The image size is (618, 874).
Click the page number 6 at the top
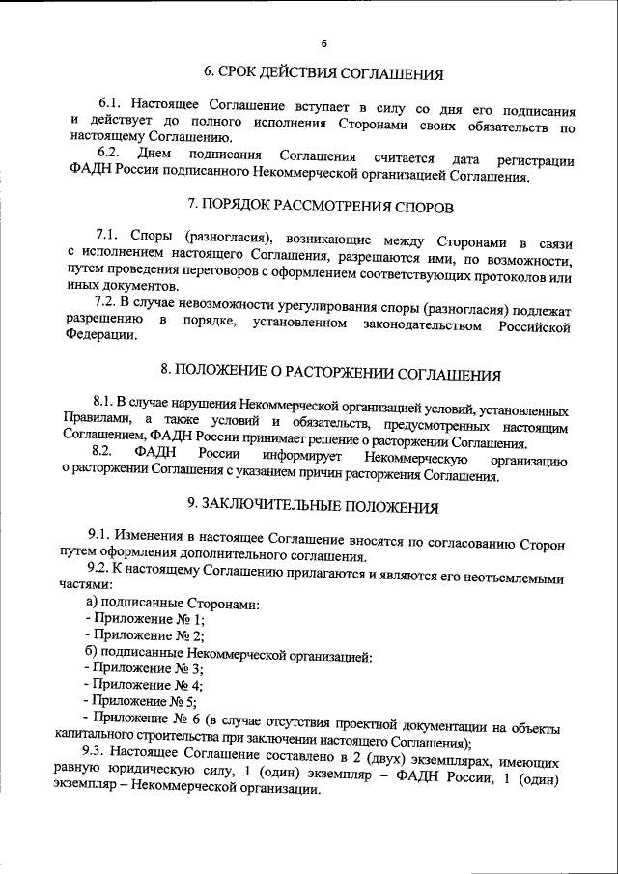(x=323, y=42)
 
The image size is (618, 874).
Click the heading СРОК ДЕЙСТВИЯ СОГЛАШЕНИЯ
(x=324, y=72)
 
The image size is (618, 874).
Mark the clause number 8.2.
(x=105, y=451)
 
